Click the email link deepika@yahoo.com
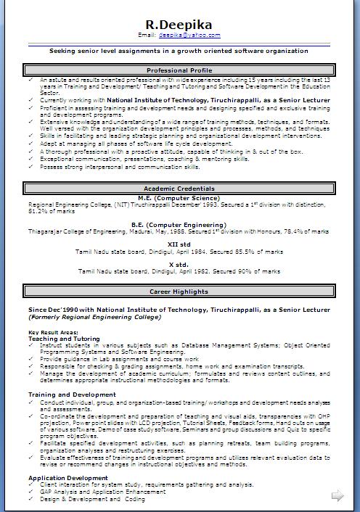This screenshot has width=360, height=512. [189, 35]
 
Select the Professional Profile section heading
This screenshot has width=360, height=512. [178, 70]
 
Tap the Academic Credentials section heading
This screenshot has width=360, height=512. [178, 189]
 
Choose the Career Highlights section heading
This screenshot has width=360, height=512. [179, 292]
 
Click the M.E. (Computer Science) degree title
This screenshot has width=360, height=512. [179, 197]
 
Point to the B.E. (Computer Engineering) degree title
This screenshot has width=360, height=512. [179, 224]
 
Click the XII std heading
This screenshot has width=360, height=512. [179, 244]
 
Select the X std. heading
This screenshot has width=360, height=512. [179, 264]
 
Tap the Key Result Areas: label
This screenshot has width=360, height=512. [53, 332]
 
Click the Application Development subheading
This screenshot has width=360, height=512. [69, 478]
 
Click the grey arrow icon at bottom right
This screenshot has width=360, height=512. [337, 496]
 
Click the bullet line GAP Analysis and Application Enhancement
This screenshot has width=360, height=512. [103, 491]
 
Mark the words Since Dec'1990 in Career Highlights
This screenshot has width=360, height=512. [52, 310]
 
